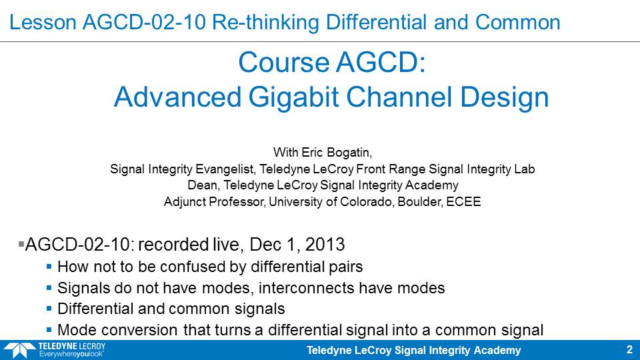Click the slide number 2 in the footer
coord(629,350)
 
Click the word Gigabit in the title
coord(293,97)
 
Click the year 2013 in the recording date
coord(325,245)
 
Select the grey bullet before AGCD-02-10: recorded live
coord(21,244)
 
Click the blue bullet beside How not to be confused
coord(49,267)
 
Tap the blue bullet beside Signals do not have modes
coord(49,288)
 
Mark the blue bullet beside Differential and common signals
coord(49,309)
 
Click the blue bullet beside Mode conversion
coord(49,330)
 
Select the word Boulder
coord(420,201)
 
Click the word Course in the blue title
coord(284,63)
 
